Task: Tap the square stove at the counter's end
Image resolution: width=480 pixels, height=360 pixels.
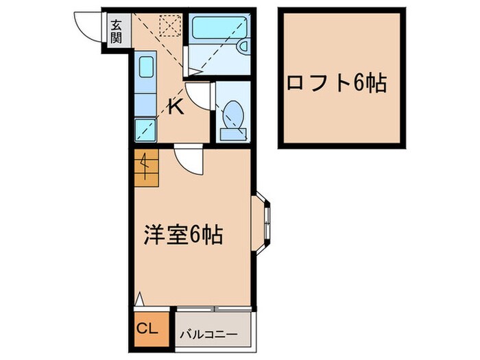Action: (145, 128)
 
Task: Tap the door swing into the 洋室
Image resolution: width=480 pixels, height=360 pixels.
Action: (188, 160)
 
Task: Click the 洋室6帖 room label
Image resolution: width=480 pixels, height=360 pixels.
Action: (181, 235)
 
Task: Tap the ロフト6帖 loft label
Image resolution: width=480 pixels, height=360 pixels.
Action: (336, 84)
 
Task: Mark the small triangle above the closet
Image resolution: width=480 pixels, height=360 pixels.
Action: (139, 299)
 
